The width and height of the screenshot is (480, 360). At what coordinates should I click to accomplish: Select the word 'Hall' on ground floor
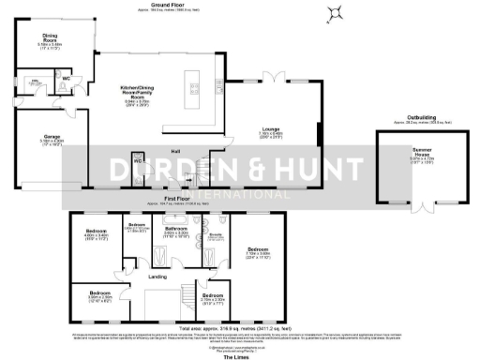point(174,150)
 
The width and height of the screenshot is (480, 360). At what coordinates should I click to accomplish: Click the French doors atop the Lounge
point(268,82)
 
